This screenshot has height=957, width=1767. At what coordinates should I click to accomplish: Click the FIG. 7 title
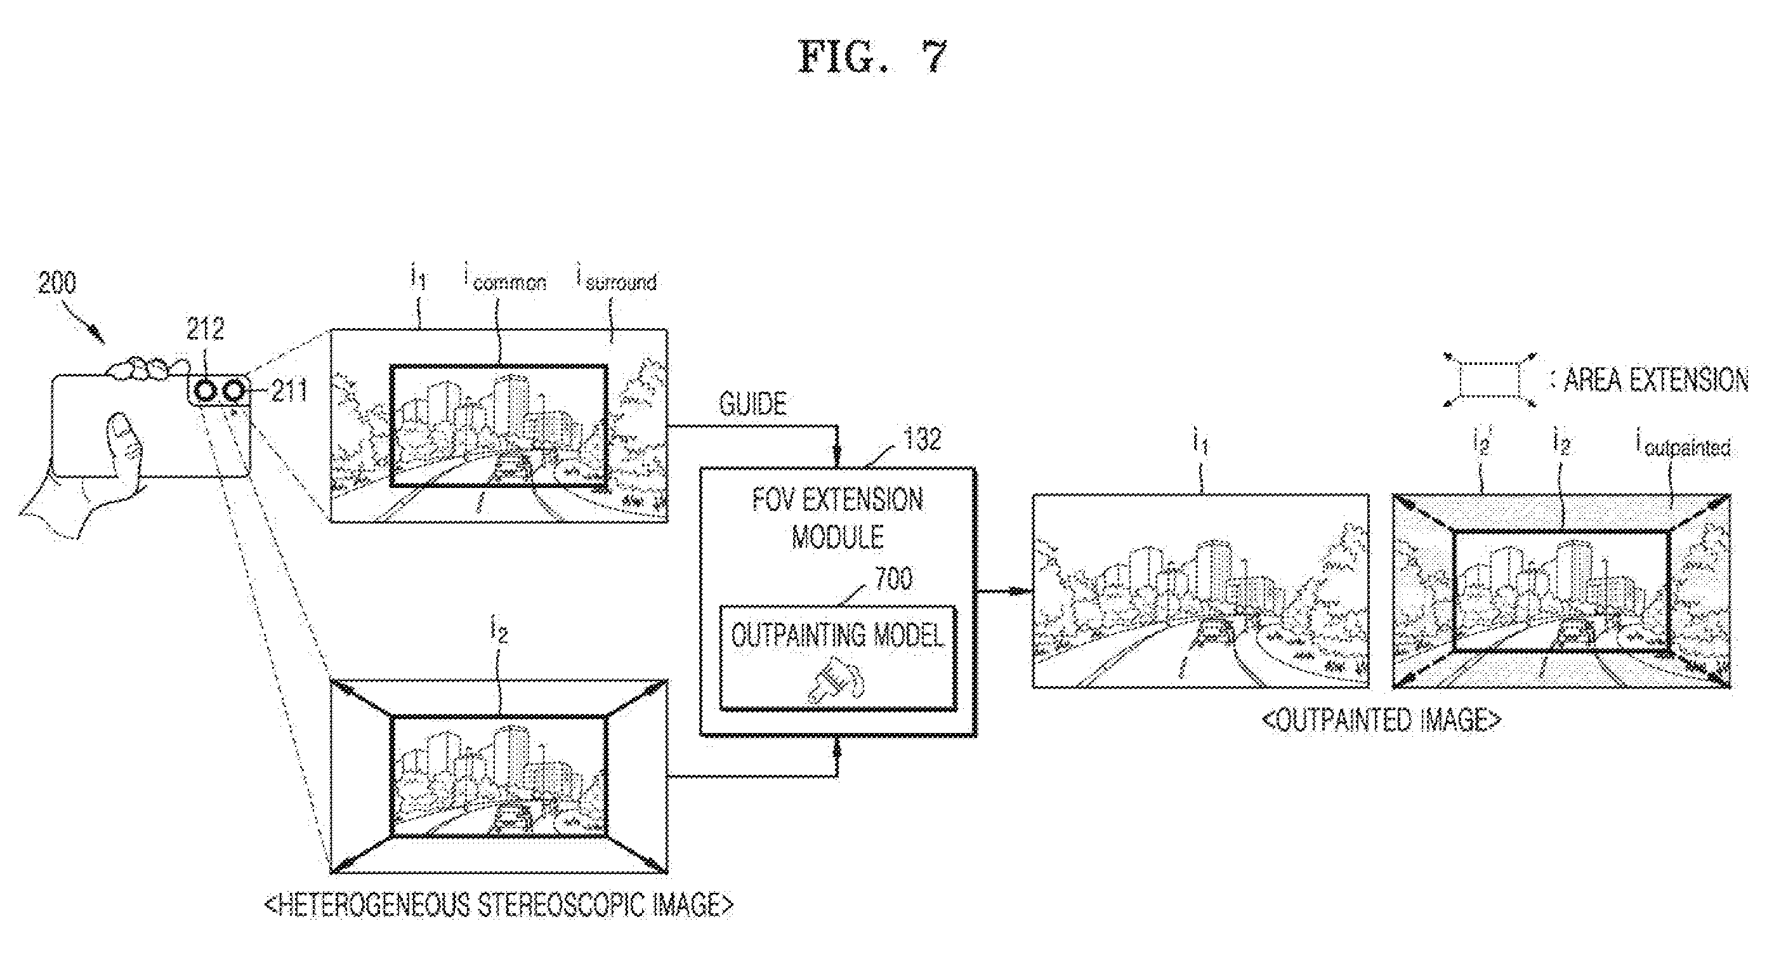872,56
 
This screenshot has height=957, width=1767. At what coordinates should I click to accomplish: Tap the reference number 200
57,282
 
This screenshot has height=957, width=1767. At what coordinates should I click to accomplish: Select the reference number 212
205,329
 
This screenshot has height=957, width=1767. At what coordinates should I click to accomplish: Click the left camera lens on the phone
205,391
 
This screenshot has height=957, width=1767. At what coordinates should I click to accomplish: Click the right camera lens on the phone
233,391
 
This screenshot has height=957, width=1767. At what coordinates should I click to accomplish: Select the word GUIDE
752,404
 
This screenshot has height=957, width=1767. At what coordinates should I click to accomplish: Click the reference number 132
923,439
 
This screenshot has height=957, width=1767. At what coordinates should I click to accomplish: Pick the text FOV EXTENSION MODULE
838,518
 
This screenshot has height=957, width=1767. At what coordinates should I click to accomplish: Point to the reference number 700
894,578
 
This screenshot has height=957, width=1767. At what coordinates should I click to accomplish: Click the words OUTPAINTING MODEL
838,635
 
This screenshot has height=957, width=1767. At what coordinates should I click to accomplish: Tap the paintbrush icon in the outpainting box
836,679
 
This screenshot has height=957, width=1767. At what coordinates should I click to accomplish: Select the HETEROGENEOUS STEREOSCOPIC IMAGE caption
499,905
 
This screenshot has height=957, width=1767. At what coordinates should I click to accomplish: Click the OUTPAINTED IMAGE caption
1381,720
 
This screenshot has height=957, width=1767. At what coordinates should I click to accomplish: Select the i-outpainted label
1683,446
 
